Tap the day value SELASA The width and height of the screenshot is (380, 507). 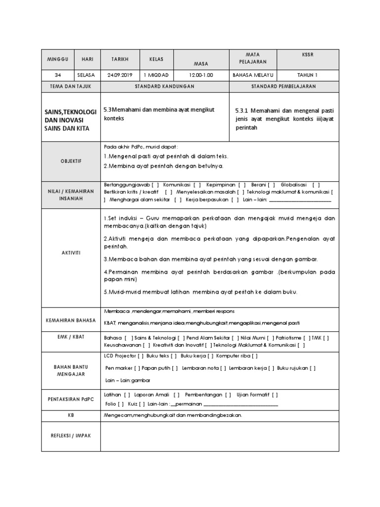88,75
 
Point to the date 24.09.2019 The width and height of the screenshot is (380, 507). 120,75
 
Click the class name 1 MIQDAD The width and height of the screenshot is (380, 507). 156,75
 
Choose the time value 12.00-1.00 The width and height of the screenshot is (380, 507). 200,75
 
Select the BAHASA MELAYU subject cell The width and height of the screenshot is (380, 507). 254,75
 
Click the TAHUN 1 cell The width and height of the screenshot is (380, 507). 308,75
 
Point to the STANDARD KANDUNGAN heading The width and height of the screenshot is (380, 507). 165,86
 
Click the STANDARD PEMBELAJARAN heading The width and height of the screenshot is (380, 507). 284,86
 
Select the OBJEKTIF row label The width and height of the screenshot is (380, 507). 71,161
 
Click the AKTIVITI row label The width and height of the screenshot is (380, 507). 71,253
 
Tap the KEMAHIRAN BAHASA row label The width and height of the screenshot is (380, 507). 71,320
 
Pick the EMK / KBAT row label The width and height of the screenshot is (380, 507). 71,337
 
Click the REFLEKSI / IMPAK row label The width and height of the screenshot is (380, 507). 71,436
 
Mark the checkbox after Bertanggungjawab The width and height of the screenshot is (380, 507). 155,184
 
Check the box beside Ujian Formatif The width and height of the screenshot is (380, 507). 275,395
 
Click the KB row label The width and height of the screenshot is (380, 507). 71,415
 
